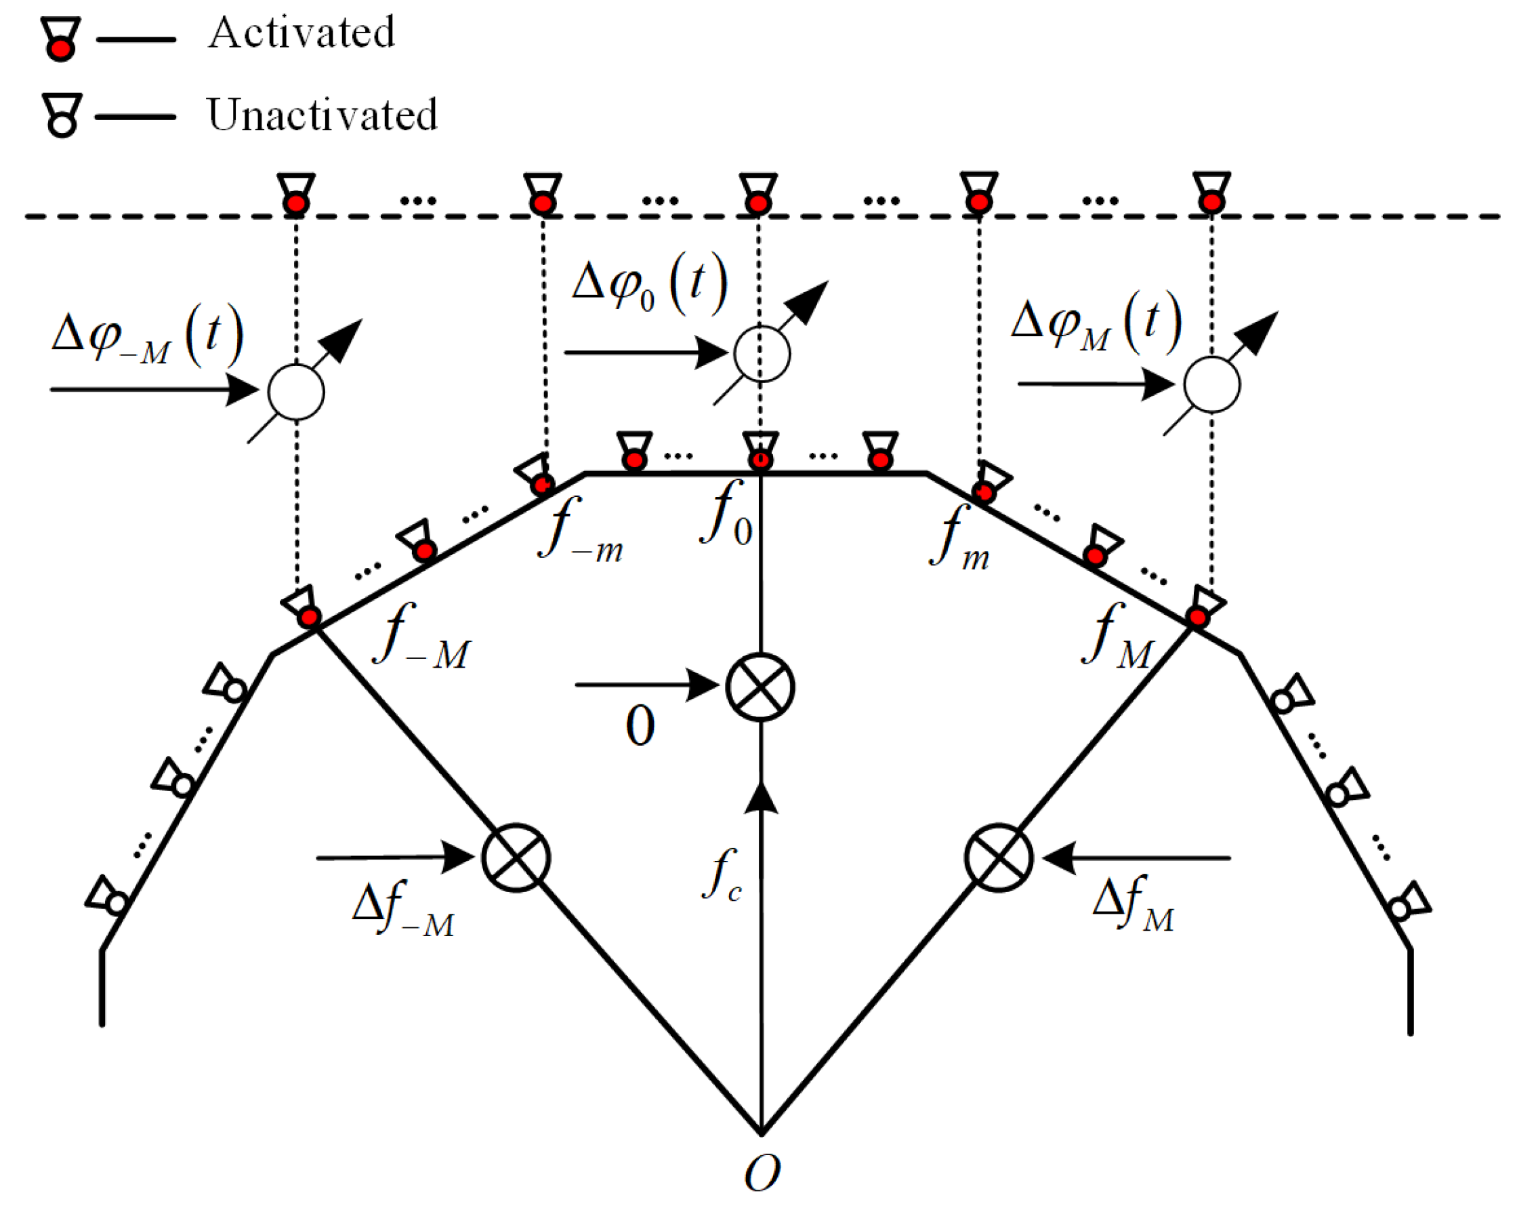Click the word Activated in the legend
pyautogui.click(x=301, y=33)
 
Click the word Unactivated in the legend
pyautogui.click(x=322, y=115)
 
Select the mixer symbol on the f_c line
pyautogui.click(x=760, y=686)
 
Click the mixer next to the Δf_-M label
pyautogui.click(x=516, y=858)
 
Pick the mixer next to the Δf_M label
pyautogui.click(x=999, y=858)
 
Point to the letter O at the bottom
pyautogui.click(x=762, y=1173)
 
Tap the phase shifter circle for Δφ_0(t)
pyautogui.click(x=762, y=353)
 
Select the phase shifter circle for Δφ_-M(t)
pyautogui.click(x=295, y=391)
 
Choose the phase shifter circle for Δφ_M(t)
pyautogui.click(x=1211, y=384)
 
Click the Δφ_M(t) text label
pyautogui.click(x=1096, y=323)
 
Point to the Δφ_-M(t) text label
pyautogui.click(x=148, y=338)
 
